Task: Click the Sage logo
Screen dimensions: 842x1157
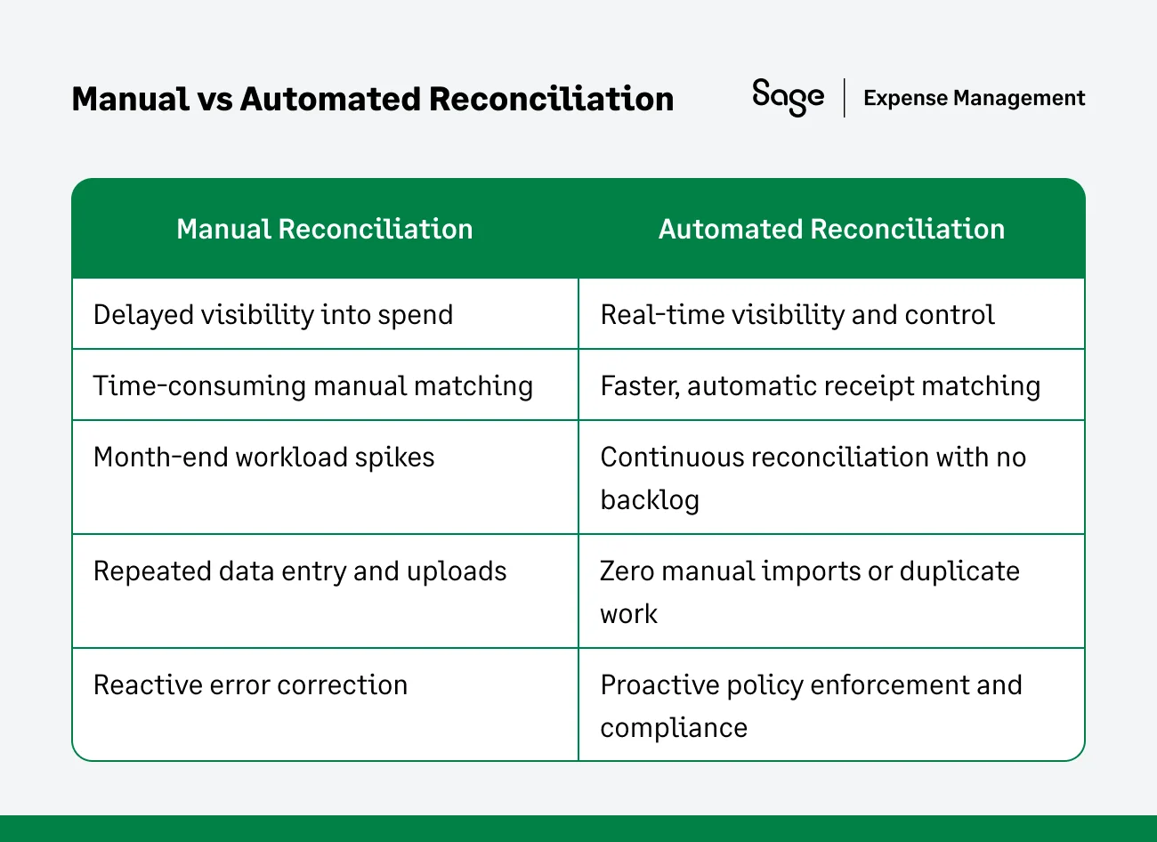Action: click(x=788, y=96)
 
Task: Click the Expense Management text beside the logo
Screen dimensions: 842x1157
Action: click(x=974, y=98)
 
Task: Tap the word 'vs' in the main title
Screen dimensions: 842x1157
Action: click(x=214, y=99)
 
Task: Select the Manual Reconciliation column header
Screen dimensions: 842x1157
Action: click(x=324, y=229)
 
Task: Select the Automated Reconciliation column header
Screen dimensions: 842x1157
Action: click(x=831, y=229)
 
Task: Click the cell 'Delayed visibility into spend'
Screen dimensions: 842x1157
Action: click(x=273, y=314)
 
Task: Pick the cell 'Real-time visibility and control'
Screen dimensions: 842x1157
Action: click(x=797, y=314)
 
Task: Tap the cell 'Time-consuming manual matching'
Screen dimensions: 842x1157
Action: click(x=312, y=385)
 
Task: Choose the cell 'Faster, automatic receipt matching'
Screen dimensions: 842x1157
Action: click(x=820, y=385)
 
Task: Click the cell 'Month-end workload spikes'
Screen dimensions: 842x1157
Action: click(x=263, y=457)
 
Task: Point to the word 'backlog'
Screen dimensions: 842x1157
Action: click(x=650, y=500)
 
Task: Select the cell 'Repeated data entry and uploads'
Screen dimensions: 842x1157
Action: click(x=300, y=571)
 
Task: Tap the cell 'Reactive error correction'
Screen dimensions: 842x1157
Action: click(x=250, y=684)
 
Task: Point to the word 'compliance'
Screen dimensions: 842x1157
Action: click(x=674, y=728)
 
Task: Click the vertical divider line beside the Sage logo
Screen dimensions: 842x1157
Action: click(x=844, y=97)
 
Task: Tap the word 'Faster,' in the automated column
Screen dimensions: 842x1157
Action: click(x=640, y=385)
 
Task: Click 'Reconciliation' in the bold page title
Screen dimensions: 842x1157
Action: click(x=551, y=99)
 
